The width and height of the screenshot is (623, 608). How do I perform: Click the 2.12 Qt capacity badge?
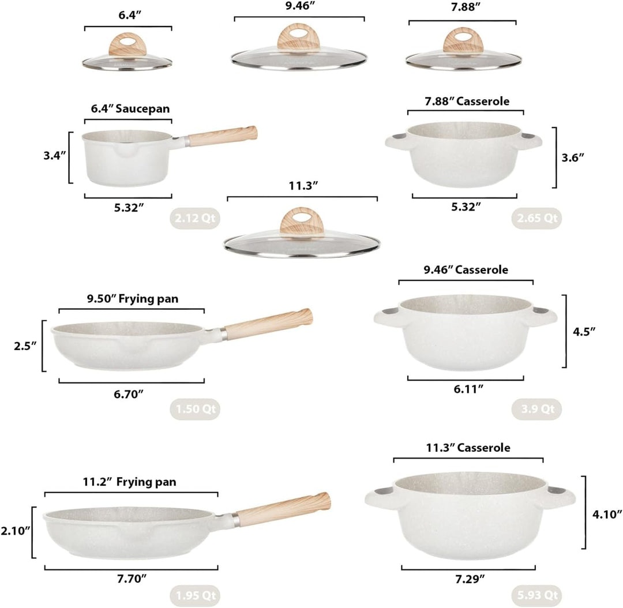pyautogui.click(x=195, y=218)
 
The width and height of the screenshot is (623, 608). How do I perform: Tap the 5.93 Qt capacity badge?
pyautogui.click(x=537, y=595)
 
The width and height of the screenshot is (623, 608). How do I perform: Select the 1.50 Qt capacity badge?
pyautogui.click(x=195, y=409)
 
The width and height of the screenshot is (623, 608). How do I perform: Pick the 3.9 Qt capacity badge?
pyautogui.click(x=537, y=409)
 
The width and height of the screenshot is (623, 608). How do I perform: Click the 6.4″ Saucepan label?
pyautogui.click(x=130, y=109)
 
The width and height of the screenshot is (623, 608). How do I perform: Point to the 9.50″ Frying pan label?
pyautogui.click(x=133, y=299)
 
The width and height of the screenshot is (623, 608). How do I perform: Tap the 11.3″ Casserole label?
pyautogui.click(x=468, y=448)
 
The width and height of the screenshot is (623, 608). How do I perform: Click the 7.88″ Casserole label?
pyautogui.click(x=467, y=102)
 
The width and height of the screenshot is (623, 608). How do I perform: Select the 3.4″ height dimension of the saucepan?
pyautogui.click(x=54, y=155)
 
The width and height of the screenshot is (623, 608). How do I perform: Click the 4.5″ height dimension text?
pyautogui.click(x=584, y=332)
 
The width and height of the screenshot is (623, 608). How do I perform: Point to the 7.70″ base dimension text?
pyautogui.click(x=132, y=579)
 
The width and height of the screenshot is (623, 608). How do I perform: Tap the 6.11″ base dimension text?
pyautogui.click(x=468, y=389)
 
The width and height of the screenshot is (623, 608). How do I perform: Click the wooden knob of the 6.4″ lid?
pyautogui.click(x=127, y=44)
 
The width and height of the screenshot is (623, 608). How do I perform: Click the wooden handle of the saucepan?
pyautogui.click(x=223, y=136)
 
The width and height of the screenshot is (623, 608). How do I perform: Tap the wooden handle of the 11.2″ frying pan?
pyautogui.click(x=283, y=509)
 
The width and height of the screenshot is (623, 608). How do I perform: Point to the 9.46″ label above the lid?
pyautogui.click(x=299, y=6)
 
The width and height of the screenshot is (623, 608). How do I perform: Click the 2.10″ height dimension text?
pyautogui.click(x=15, y=531)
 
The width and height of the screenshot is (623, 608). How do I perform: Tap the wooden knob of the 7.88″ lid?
pyautogui.click(x=463, y=40)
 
